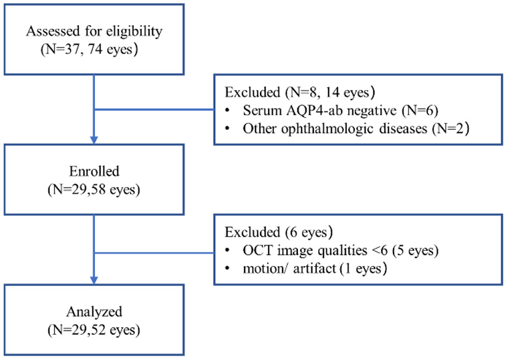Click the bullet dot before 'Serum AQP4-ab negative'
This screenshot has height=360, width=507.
click(229, 112)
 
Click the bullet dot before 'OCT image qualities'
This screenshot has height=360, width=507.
click(229, 251)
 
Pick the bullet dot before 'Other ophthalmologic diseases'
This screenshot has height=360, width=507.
click(229, 129)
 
